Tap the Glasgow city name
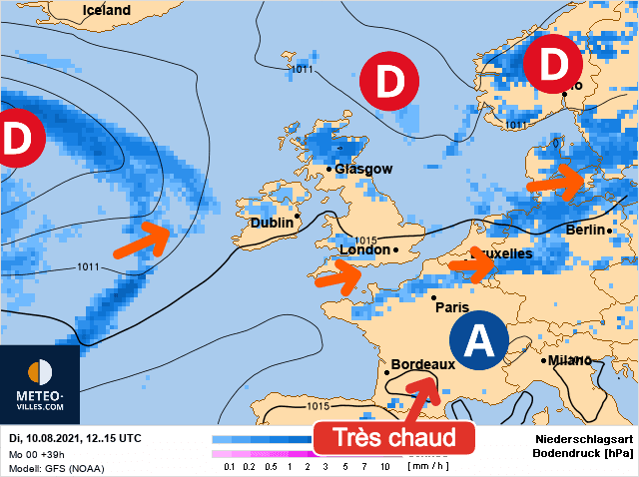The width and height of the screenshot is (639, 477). click(x=363, y=169)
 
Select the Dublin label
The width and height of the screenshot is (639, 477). click(x=272, y=223)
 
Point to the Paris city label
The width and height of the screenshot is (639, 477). click(x=451, y=307)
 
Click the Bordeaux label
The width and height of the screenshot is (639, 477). click(x=422, y=364)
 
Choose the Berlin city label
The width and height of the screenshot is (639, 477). click(x=586, y=231)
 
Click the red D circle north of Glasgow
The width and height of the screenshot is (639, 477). click(x=390, y=80)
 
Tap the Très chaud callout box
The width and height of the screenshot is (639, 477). click(x=392, y=437)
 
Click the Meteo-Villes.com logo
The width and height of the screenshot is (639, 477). click(x=40, y=384)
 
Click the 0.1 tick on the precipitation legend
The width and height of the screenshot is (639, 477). click(x=230, y=466)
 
